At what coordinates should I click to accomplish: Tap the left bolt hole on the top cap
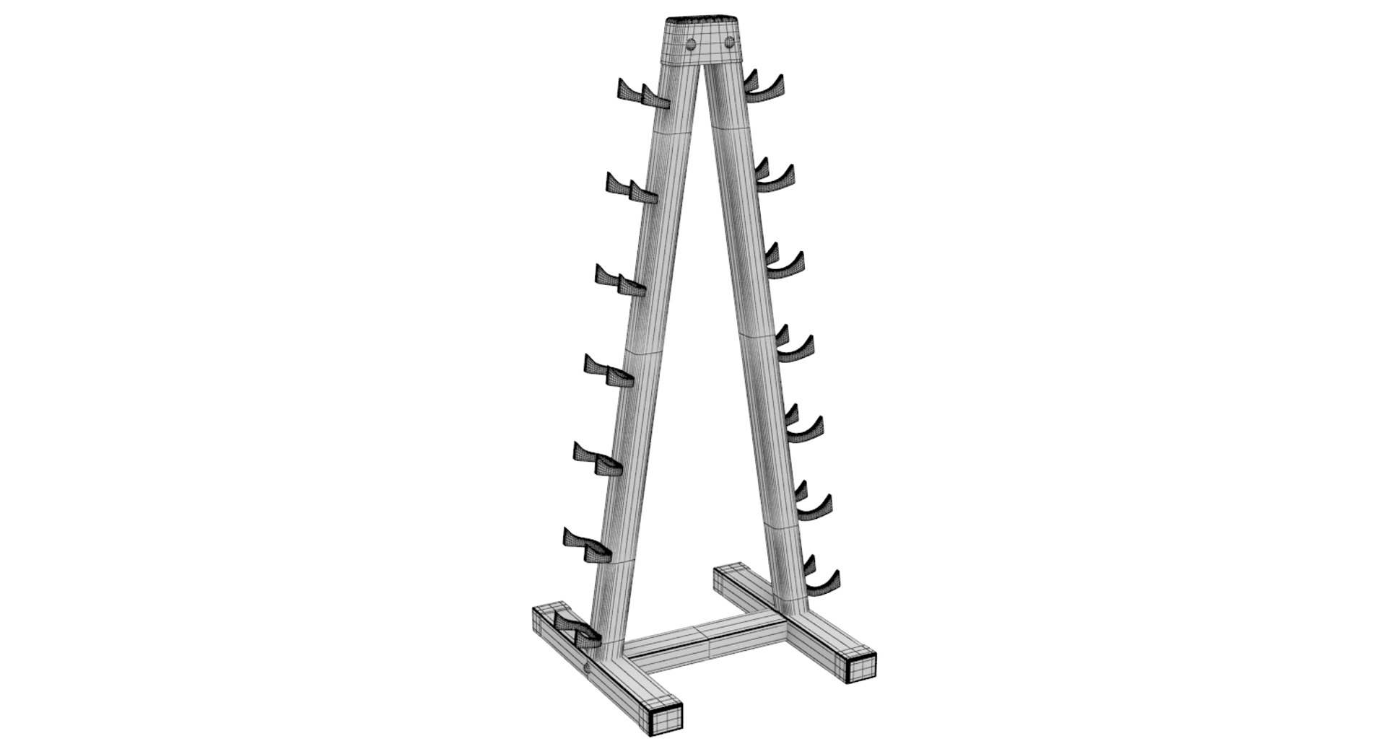(x=692, y=43)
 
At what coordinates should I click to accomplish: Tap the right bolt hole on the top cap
(x=730, y=41)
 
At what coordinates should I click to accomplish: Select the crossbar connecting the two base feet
(x=704, y=639)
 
